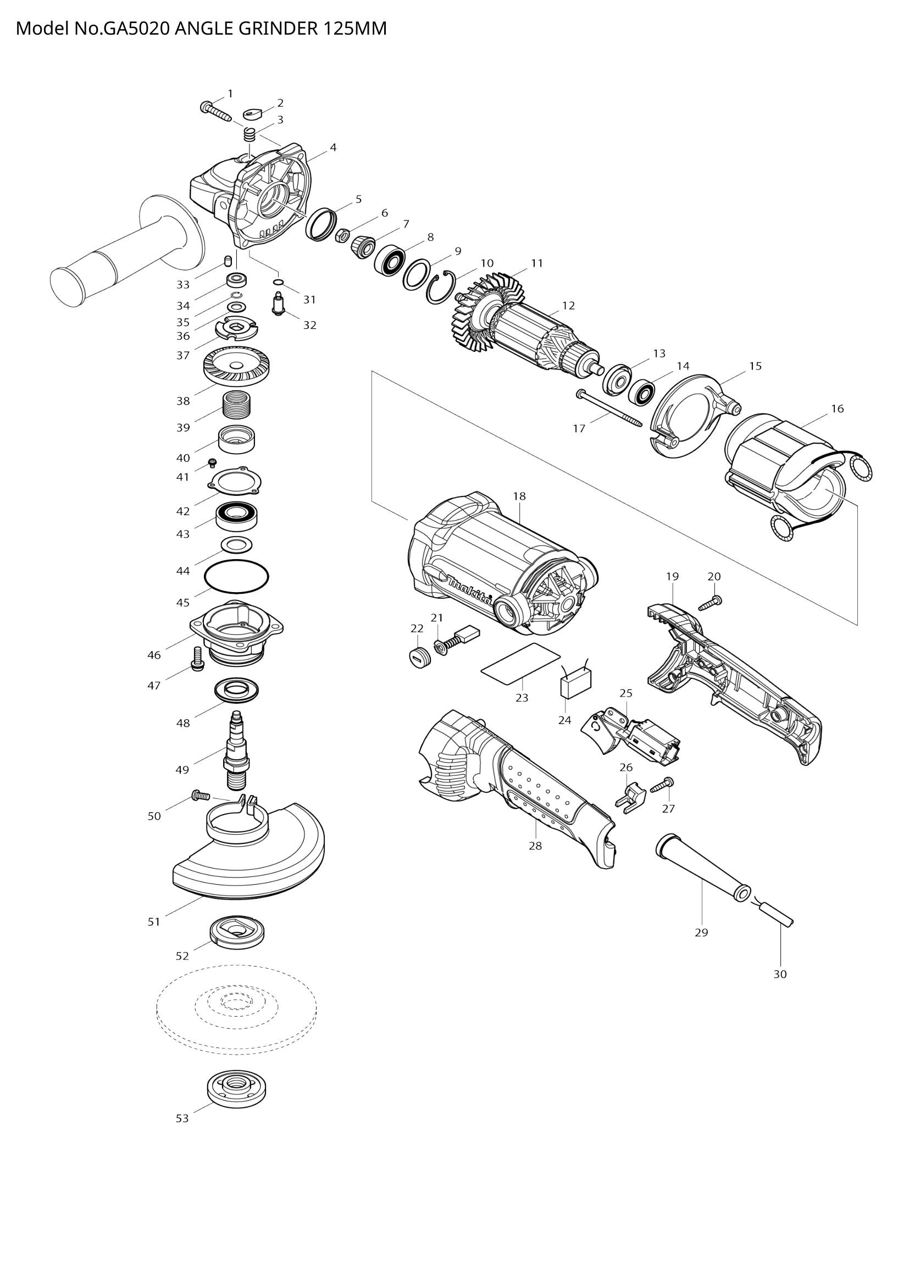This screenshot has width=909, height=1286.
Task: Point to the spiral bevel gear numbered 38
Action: pos(236,366)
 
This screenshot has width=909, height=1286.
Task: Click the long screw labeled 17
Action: pos(610,410)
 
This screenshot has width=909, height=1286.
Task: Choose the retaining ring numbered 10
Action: pos(442,289)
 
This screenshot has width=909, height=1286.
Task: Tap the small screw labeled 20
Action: pos(711,603)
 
